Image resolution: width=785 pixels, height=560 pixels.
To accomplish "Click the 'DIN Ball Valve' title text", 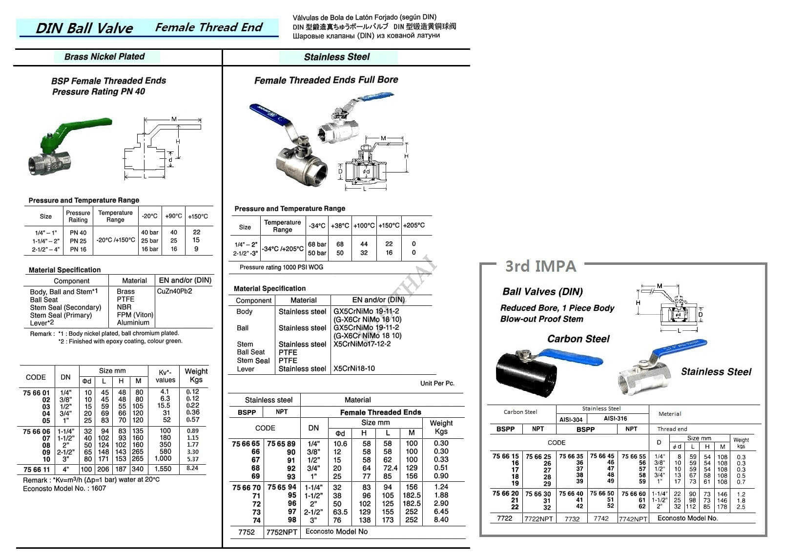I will click(x=84, y=28).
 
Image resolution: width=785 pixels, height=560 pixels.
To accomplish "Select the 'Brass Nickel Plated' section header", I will click(x=104, y=57).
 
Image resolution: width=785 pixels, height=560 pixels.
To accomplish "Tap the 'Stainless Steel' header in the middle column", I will click(x=337, y=57).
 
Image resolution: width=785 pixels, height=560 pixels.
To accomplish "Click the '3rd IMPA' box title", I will click(x=540, y=266).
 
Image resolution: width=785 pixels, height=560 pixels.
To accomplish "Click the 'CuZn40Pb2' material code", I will click(x=175, y=291).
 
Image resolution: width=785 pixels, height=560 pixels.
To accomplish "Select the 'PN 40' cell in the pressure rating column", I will click(x=78, y=233).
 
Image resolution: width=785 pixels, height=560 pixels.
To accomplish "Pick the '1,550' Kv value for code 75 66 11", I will click(x=163, y=469).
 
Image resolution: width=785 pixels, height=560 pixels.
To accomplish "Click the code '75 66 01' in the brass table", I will click(x=36, y=392).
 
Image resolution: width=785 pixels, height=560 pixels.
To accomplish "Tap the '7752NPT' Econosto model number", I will click(x=282, y=532).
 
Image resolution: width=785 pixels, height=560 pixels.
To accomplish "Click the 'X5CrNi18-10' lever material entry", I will click(x=354, y=368).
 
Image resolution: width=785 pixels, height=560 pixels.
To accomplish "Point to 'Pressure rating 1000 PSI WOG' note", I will click(x=281, y=267).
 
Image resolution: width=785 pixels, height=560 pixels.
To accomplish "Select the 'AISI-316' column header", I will click(x=615, y=419).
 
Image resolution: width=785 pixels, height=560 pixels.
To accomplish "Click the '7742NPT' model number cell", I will click(x=633, y=519).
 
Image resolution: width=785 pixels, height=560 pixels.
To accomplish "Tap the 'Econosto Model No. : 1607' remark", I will click(x=64, y=488).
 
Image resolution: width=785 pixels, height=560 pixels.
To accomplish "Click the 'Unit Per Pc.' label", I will click(x=437, y=383).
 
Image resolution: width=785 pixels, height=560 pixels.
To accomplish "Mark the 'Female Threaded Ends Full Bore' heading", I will click(x=326, y=80).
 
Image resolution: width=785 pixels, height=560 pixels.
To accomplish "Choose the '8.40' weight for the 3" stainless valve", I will click(x=441, y=520).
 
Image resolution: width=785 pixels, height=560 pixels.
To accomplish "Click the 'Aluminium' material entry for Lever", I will click(x=133, y=323).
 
